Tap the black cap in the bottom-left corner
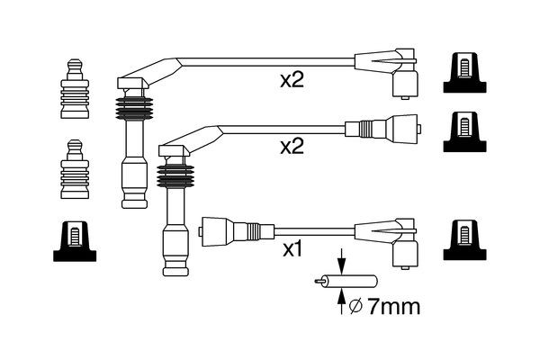76,241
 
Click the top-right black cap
465,72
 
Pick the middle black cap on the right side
465,132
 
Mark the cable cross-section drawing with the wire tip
328,282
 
